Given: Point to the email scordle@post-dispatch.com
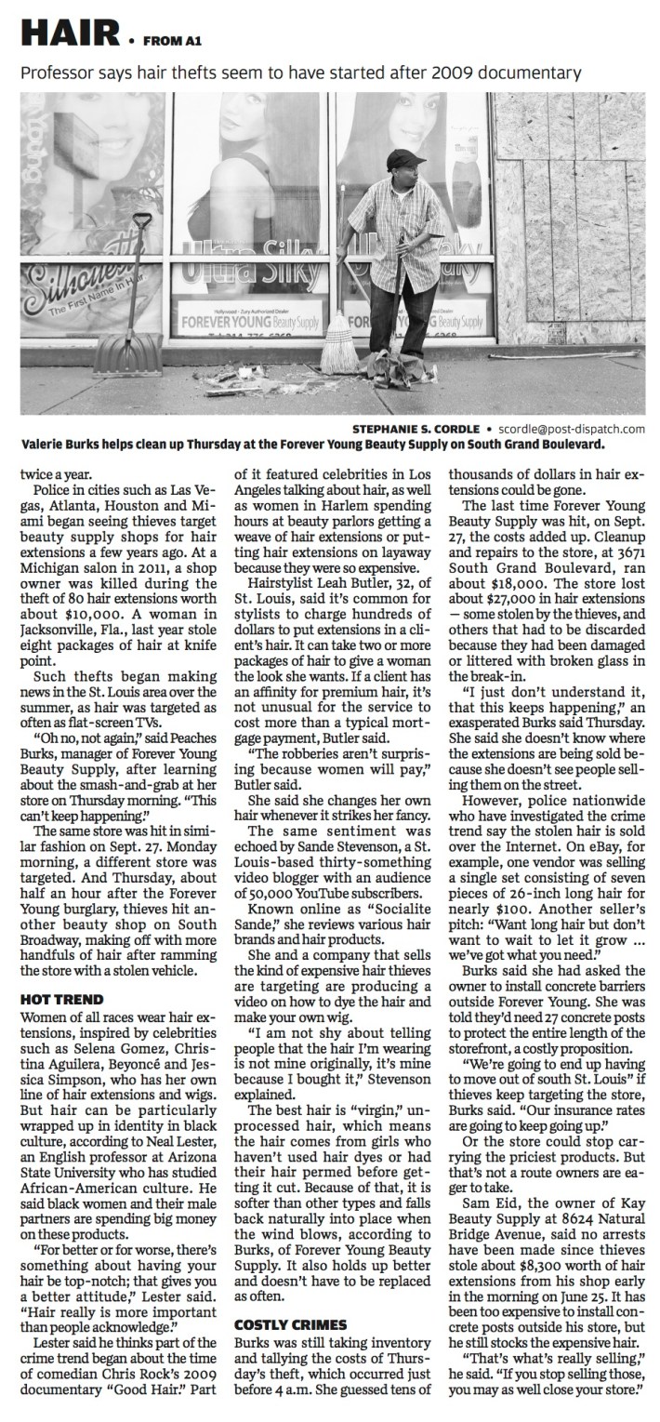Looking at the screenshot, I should pyautogui.click(x=574, y=429).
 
